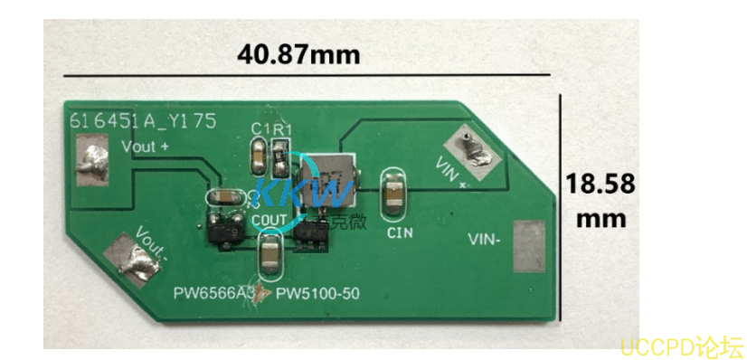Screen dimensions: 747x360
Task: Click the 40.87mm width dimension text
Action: [x=298, y=53]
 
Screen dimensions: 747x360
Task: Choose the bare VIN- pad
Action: [x=530, y=245]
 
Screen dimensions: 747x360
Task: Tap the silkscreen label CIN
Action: [x=399, y=232]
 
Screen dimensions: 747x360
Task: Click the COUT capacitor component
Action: [x=269, y=255]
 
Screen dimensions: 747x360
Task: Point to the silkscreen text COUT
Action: [x=270, y=220]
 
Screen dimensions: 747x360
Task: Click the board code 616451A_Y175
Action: [x=143, y=121]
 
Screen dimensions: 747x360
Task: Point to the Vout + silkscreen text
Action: [x=145, y=146]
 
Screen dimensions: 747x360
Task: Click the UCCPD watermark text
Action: [x=680, y=346]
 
